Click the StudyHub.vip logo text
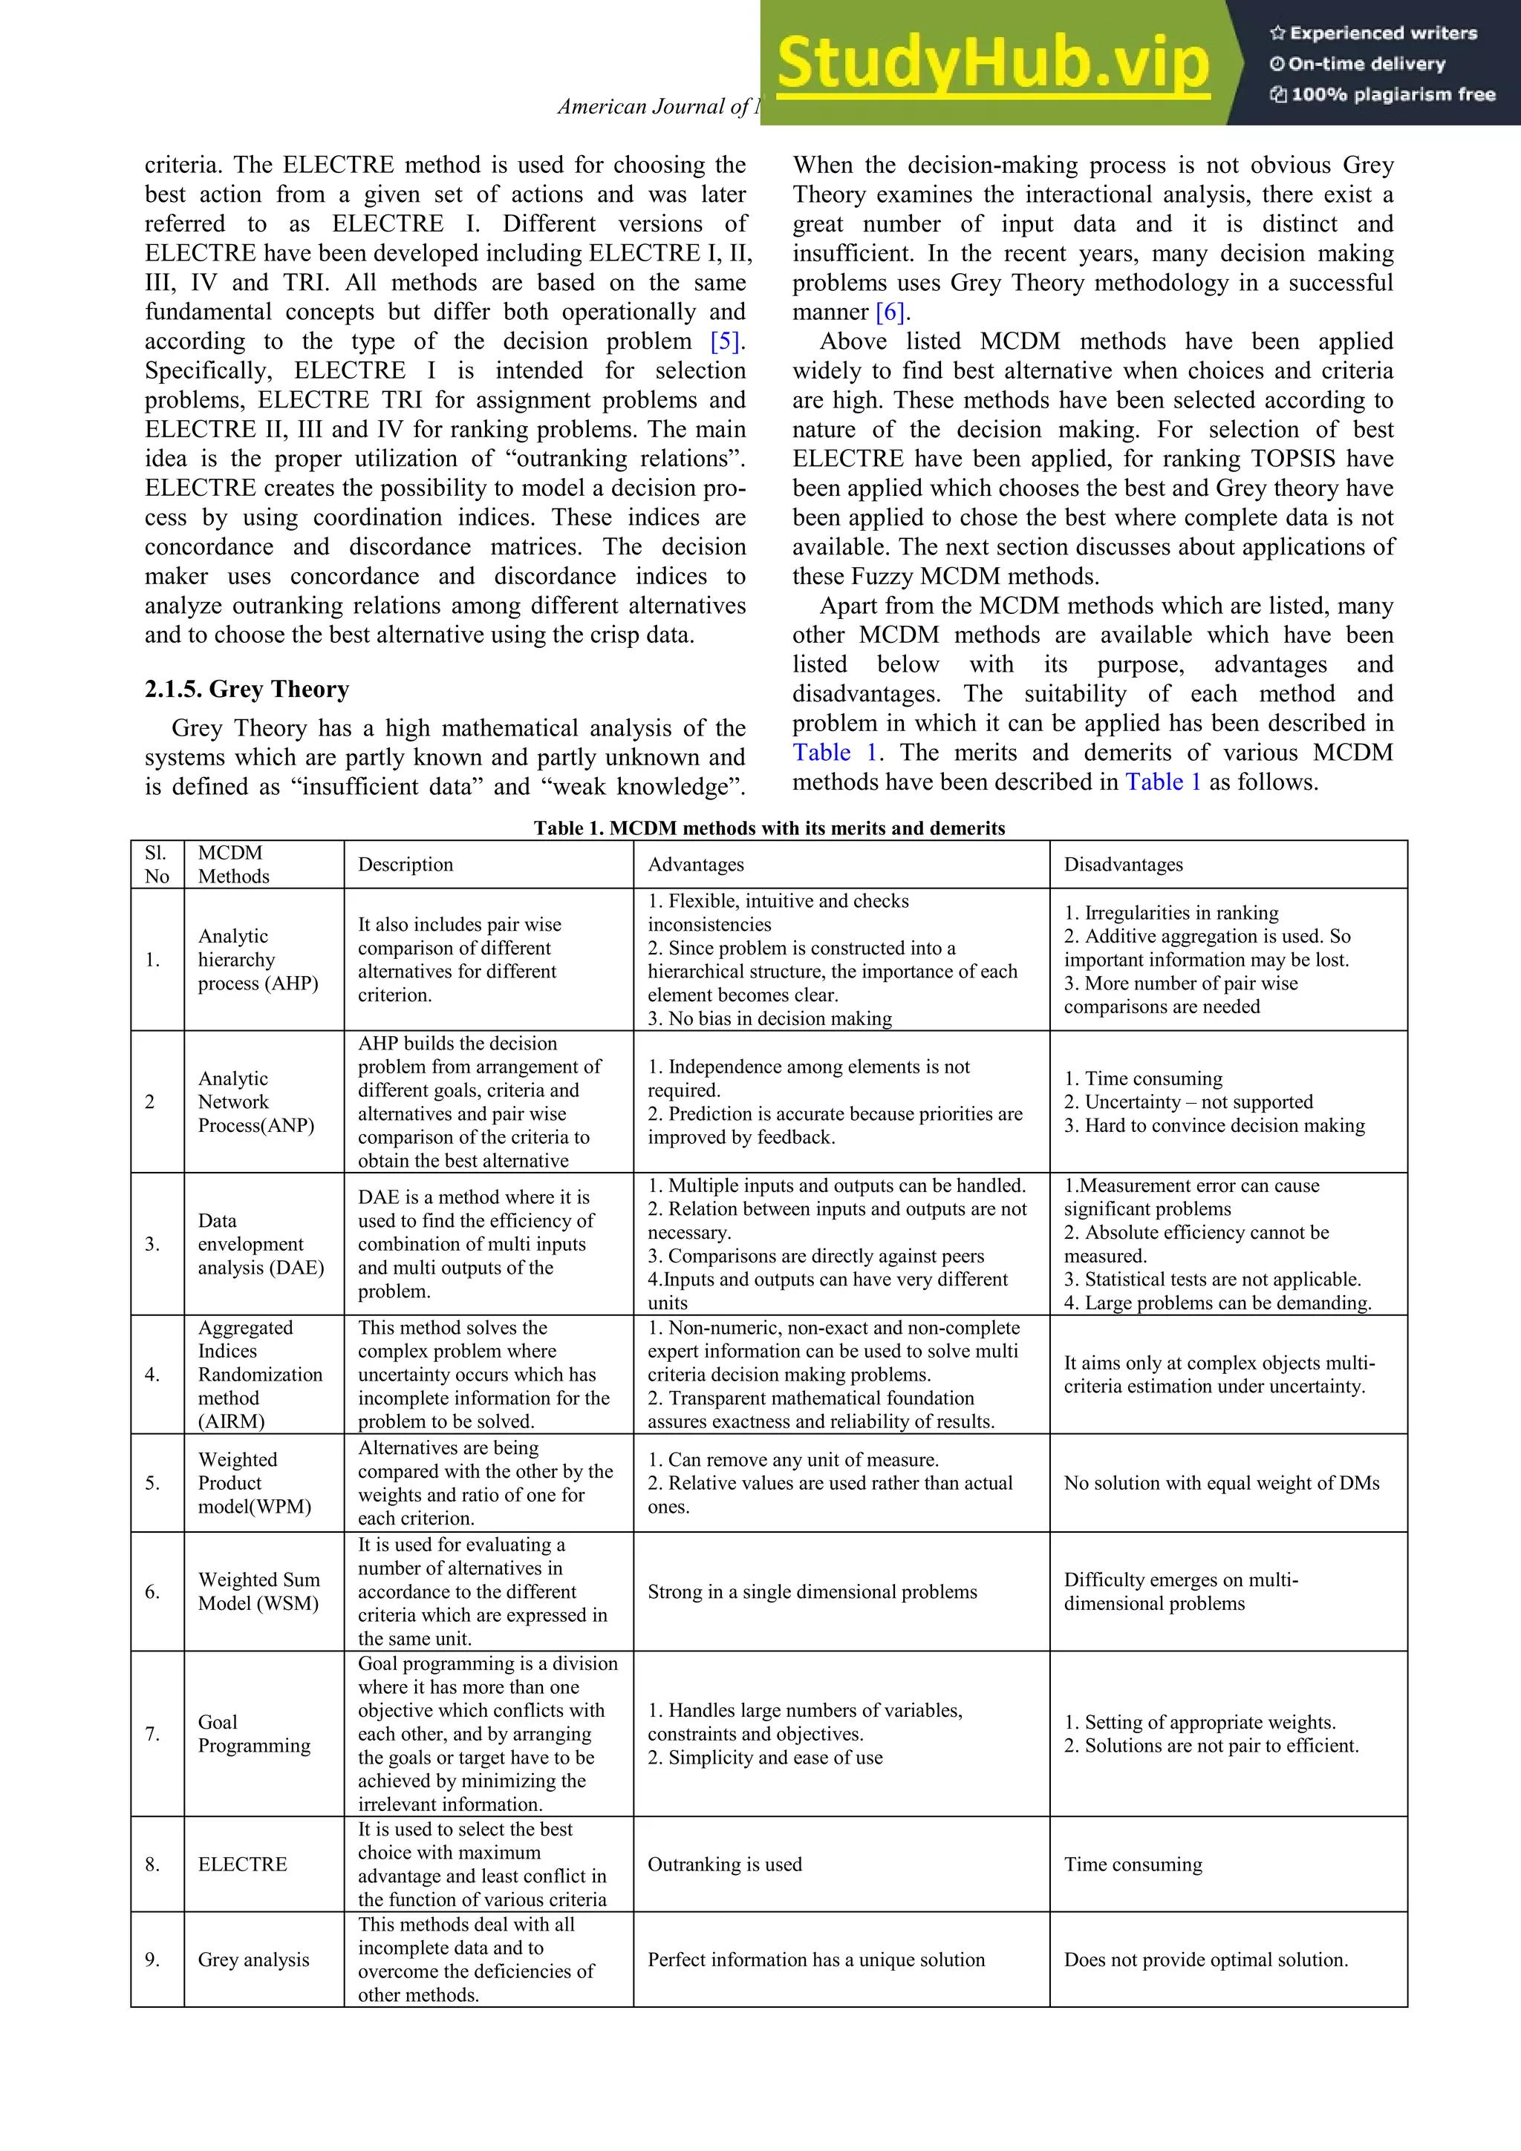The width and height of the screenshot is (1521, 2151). tap(994, 64)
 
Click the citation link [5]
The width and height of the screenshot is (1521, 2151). tap(726, 341)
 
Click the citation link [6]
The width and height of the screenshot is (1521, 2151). tap(891, 312)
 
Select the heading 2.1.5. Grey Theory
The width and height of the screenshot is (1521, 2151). tap(247, 690)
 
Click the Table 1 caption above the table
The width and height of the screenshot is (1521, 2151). tap(769, 828)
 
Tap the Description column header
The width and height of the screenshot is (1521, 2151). tap(405, 865)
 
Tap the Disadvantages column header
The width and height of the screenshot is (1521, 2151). tap(1123, 865)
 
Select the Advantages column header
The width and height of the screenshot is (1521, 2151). tap(695, 865)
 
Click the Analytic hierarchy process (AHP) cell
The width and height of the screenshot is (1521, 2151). tap(257, 959)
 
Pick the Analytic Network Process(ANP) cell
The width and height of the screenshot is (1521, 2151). tap(255, 1101)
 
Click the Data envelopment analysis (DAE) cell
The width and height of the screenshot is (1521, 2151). tap(260, 1244)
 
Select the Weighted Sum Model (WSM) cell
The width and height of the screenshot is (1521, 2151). tap(258, 1591)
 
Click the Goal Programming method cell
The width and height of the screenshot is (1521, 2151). tap(253, 1734)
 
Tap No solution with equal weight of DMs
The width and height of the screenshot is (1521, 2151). tap(1221, 1483)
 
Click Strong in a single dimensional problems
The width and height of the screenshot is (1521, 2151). tap(812, 1591)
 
